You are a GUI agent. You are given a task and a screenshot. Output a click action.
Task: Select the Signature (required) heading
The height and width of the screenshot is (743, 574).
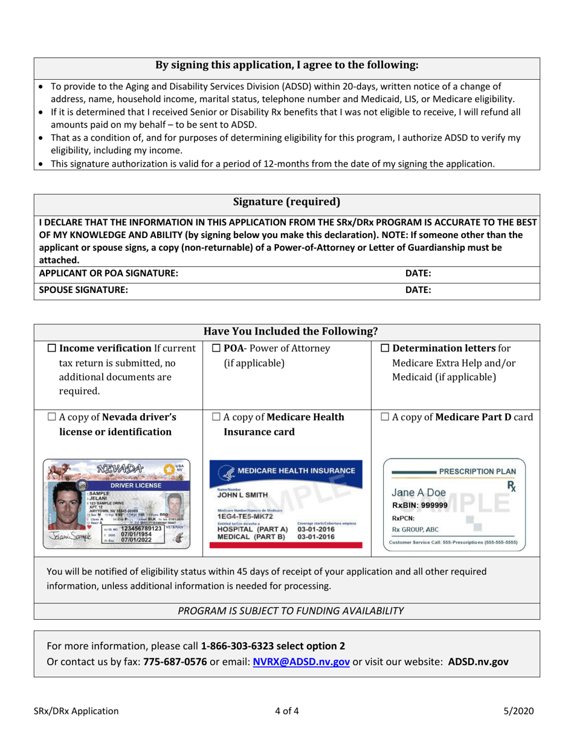(286, 201)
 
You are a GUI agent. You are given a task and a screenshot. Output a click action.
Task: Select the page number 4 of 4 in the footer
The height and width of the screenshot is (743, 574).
(286, 712)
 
